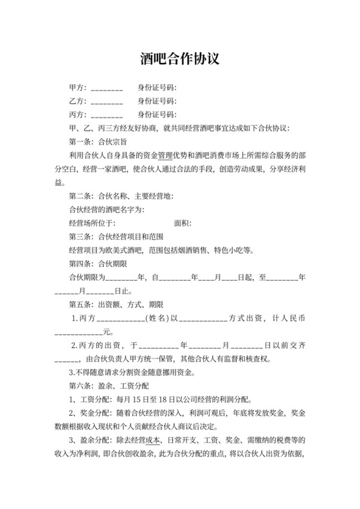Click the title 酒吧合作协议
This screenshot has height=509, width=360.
tap(180, 59)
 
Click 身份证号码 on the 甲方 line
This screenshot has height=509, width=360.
tap(156, 87)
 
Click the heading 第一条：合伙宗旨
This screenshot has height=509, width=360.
tap(97, 141)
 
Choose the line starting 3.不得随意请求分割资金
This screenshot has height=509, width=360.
tap(141, 372)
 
